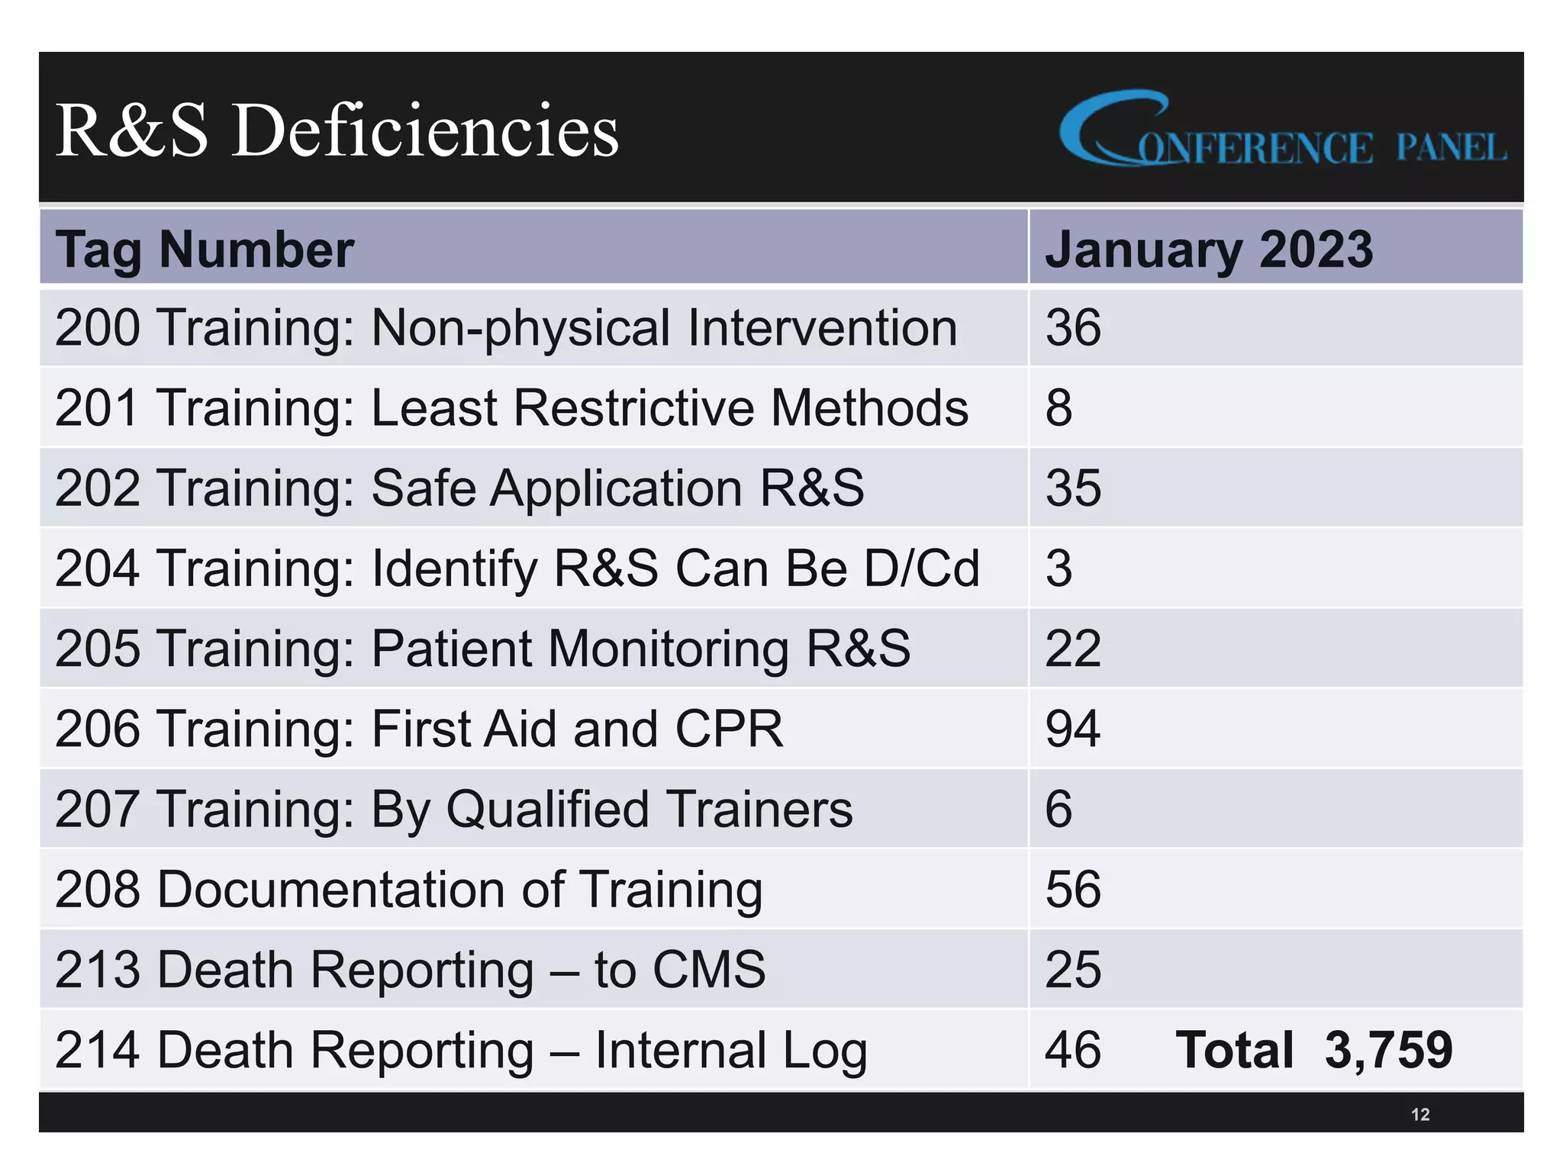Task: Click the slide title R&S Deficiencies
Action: [337, 131]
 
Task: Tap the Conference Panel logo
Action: [1282, 131]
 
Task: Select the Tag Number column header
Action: [205, 250]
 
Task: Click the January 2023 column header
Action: [1208, 250]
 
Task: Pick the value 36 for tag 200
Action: [1072, 328]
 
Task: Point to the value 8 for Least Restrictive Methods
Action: [1059, 408]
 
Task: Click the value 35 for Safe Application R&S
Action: [1072, 488]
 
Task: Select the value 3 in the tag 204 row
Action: [1059, 568]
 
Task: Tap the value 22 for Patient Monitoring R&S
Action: [1072, 649]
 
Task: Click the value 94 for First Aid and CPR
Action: [1072, 729]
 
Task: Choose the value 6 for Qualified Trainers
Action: [1059, 809]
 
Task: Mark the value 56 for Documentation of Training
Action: [1072, 890]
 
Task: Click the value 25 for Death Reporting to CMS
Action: [1072, 970]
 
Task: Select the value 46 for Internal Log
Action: [1072, 1050]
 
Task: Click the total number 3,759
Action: [1388, 1050]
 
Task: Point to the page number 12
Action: [1420, 1115]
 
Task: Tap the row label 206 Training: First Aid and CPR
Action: [419, 729]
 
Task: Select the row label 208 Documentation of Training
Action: [408, 890]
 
